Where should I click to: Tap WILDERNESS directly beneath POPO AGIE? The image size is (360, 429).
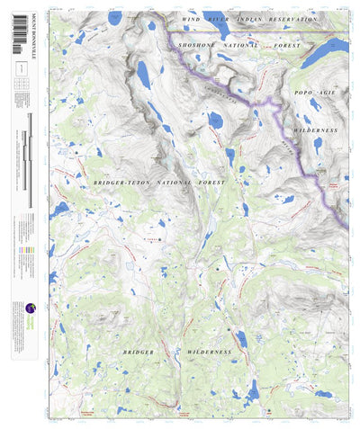point(314,130)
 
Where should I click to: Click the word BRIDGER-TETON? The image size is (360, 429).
point(114,182)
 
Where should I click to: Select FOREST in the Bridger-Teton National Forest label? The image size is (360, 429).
point(204,182)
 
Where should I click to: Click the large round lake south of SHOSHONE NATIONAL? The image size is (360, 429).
point(215,120)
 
